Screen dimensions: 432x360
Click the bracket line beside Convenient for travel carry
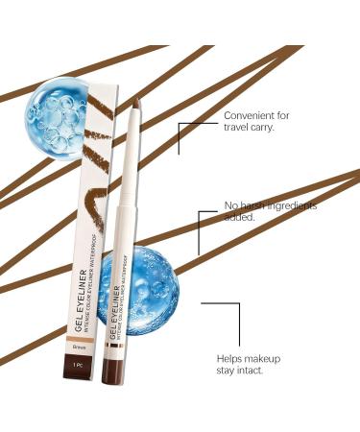click(x=182, y=134)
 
